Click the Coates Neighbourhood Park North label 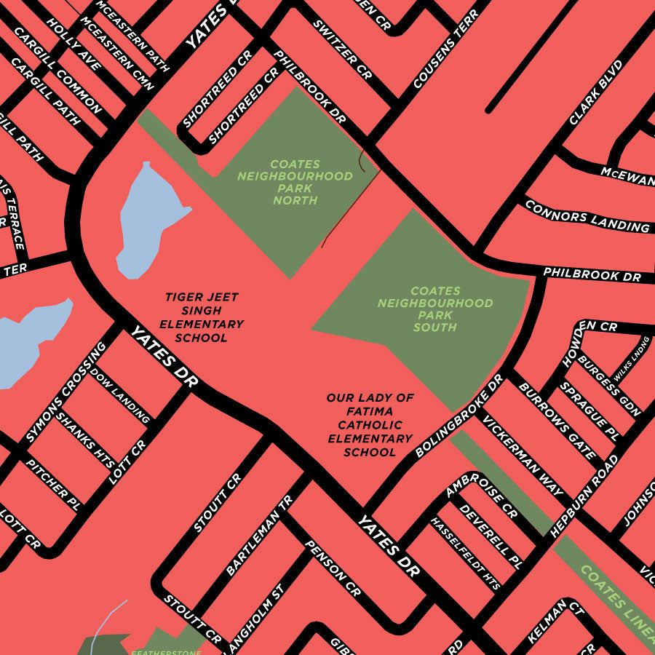(295, 182)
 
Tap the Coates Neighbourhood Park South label (435, 309)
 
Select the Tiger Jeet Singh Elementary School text (202, 317)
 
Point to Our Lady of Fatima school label (370, 425)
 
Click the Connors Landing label (587, 216)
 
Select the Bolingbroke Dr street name (459, 416)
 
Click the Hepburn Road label (584, 496)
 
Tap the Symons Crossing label (66, 392)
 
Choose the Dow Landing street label (120, 396)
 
